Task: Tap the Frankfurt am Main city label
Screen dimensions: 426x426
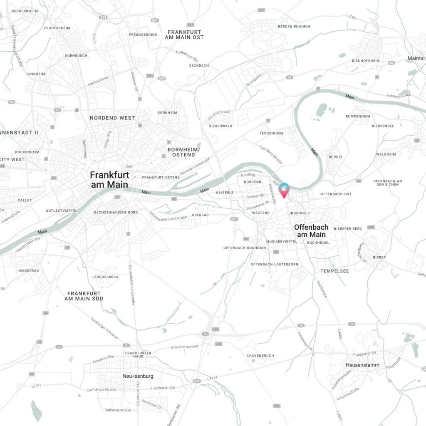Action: point(109,180)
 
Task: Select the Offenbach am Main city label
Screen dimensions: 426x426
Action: point(311,231)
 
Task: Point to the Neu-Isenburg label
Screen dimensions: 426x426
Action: point(138,376)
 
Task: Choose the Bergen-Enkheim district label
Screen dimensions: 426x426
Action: point(294,27)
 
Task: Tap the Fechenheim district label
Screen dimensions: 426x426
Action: point(271,133)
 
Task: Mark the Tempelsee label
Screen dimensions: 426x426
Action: point(334,271)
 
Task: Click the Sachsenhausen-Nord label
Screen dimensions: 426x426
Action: point(116,212)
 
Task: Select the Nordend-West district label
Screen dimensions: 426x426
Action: point(112,118)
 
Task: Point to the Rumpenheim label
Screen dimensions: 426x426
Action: point(358,116)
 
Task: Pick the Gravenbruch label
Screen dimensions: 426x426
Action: point(260,356)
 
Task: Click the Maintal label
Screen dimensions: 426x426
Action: point(416,58)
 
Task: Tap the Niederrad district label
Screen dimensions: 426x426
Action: point(28,270)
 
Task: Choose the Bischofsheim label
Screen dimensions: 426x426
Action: point(366,61)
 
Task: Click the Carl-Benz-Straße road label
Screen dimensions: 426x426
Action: point(271,154)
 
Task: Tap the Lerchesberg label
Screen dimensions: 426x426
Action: point(105,277)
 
